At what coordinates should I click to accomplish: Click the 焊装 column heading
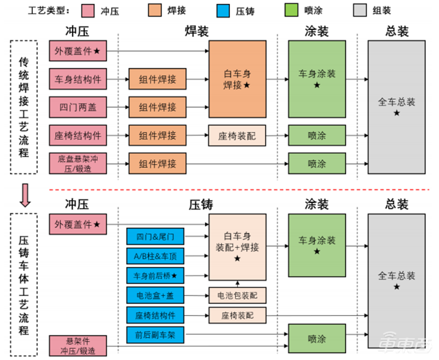[197, 32]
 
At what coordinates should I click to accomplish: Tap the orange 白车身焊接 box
[237, 78]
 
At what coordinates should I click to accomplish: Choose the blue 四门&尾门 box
[155, 237]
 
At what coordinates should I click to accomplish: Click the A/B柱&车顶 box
[155, 256]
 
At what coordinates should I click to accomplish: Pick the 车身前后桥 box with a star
[155, 275]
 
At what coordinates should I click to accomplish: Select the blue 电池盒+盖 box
[155, 295]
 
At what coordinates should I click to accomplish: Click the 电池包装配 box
[237, 296]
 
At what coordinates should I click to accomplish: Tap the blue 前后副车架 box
[155, 334]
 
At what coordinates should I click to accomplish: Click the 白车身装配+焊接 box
[237, 247]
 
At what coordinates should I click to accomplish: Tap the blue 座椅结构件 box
[155, 315]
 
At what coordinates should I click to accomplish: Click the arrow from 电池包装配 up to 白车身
[237, 284]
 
